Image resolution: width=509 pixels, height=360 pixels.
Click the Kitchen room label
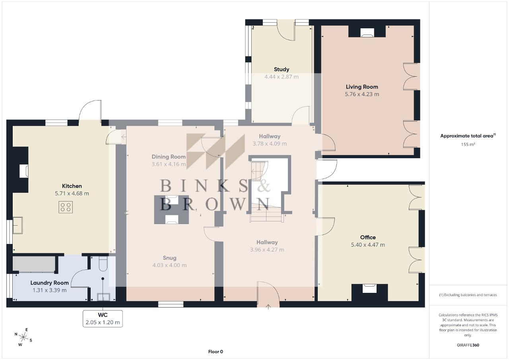pyautogui.click(x=72, y=186)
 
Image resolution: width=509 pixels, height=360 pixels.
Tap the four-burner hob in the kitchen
pyautogui.click(x=66, y=207)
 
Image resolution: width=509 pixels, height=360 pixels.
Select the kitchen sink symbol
pyautogui.click(x=17, y=225)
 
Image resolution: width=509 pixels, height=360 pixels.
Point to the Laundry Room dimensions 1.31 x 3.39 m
pyautogui.click(x=50, y=290)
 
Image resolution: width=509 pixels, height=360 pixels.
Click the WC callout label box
pyautogui.click(x=103, y=319)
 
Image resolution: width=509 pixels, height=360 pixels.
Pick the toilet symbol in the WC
pyautogui.click(x=103, y=264)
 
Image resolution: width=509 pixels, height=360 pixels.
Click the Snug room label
pyautogui.click(x=169, y=258)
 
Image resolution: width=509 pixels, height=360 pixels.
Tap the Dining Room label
pyautogui.click(x=169, y=157)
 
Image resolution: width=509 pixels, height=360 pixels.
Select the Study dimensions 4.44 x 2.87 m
pyautogui.click(x=281, y=77)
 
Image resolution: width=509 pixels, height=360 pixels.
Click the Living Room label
pyautogui.click(x=362, y=87)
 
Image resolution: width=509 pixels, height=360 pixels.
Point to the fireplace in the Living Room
pyautogui.click(x=367, y=33)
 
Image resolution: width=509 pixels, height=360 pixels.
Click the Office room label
pyautogui.click(x=368, y=237)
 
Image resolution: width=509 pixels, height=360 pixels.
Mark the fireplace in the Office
pyautogui.click(x=369, y=288)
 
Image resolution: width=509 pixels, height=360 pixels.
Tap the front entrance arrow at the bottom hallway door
pyautogui.click(x=268, y=307)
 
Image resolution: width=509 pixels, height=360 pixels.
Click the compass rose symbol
pyautogui.click(x=23, y=337)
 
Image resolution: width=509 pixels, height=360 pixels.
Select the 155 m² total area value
pyautogui.click(x=468, y=144)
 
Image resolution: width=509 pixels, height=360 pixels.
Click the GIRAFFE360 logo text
pyautogui.click(x=468, y=345)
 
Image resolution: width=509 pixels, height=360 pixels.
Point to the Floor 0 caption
pyautogui.click(x=216, y=352)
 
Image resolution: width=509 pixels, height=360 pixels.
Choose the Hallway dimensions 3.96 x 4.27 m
pyautogui.click(x=267, y=250)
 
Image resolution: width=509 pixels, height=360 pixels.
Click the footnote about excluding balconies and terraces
pyautogui.click(x=468, y=295)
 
